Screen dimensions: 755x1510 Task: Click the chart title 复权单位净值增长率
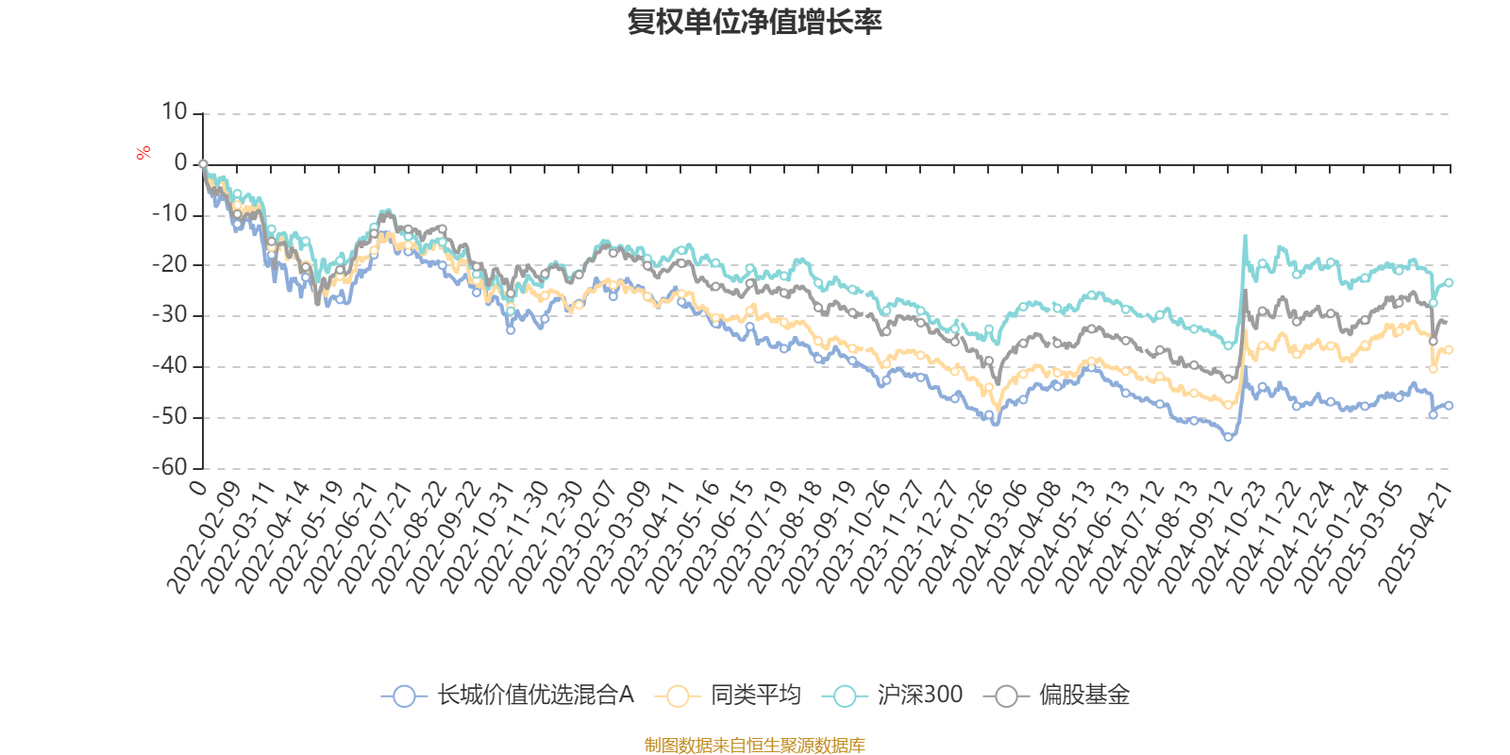754,23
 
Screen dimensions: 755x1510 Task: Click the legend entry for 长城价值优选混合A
508,696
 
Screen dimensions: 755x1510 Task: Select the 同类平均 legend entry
733,696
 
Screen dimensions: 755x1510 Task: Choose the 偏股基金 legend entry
1056,696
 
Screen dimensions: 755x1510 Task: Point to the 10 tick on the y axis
174,112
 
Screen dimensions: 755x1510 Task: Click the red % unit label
143,152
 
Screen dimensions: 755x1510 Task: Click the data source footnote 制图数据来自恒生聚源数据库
754,746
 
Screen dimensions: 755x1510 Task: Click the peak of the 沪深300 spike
1245,235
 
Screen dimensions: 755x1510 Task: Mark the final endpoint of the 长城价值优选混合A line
1449,405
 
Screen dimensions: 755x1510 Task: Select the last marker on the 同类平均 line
1449,350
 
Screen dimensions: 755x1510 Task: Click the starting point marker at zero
203,164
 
